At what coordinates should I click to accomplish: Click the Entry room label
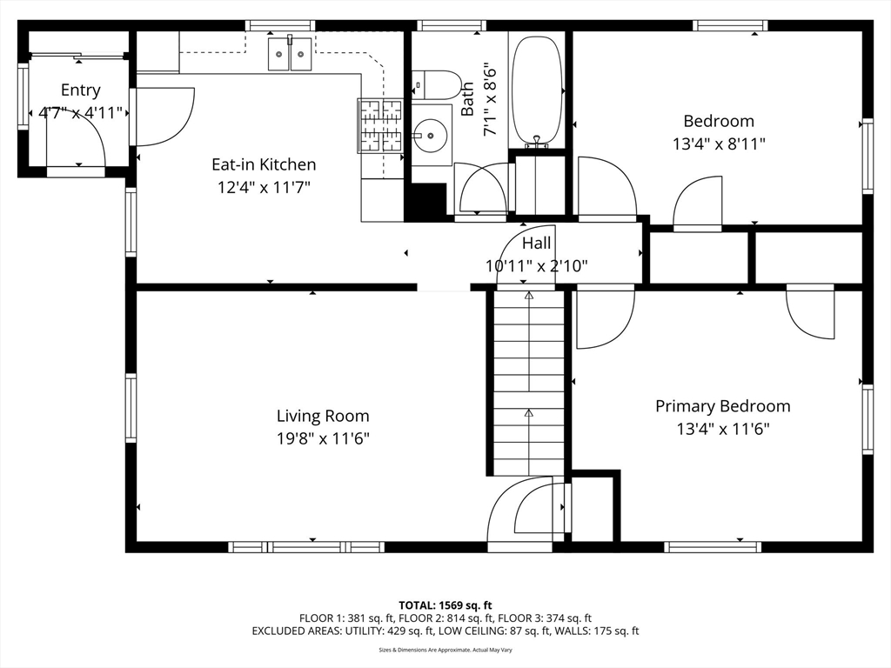click(x=81, y=90)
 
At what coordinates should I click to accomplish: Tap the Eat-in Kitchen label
click(x=264, y=164)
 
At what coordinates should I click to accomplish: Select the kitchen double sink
click(x=290, y=53)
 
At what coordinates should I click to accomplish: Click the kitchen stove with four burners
click(x=380, y=126)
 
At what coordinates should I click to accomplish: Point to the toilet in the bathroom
click(x=437, y=85)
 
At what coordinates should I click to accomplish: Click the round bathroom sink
click(x=430, y=136)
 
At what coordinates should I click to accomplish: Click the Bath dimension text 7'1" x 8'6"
click(x=490, y=102)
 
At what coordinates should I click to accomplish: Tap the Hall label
click(x=536, y=244)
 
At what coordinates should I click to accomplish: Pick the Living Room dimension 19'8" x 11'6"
click(x=323, y=438)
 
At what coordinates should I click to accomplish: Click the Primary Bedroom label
click(x=723, y=406)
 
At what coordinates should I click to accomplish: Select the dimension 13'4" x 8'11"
click(x=719, y=144)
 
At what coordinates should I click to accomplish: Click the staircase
click(x=529, y=383)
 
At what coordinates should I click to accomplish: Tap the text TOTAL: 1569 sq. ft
click(x=445, y=605)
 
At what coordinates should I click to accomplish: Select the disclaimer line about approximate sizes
click(x=445, y=650)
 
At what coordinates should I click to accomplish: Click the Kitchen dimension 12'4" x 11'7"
click(x=264, y=187)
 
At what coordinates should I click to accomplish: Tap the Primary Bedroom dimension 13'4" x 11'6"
click(x=723, y=429)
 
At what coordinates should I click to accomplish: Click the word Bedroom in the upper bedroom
click(x=719, y=121)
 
